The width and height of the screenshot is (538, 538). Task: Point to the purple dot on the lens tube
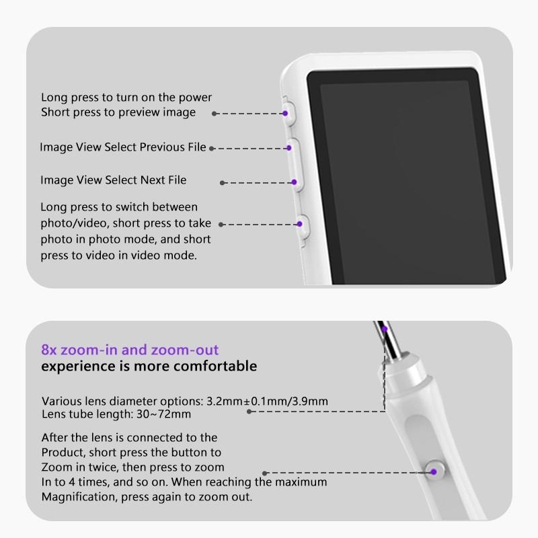tap(383, 329)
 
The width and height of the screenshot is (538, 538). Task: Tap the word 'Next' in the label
tap(152, 180)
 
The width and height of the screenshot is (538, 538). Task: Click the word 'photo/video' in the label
tap(69, 223)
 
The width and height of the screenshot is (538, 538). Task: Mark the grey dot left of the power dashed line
tap(215, 114)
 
